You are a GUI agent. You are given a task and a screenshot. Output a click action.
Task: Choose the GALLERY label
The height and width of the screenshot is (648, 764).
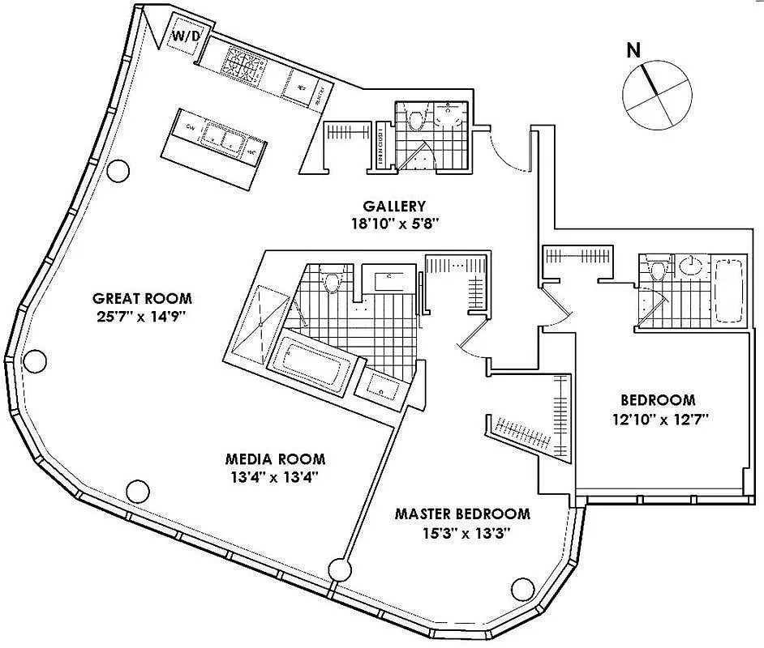click(394, 207)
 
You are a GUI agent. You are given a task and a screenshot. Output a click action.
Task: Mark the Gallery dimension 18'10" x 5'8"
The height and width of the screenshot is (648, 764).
click(394, 224)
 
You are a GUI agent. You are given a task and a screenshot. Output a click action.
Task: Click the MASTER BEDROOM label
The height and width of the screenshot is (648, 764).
click(462, 514)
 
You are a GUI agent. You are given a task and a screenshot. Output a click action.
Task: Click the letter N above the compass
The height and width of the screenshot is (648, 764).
click(634, 49)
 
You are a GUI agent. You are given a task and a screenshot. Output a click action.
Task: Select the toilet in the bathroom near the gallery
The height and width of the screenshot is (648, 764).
click(417, 120)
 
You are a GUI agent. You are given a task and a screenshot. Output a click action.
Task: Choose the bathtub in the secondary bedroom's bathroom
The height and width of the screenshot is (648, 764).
click(729, 288)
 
